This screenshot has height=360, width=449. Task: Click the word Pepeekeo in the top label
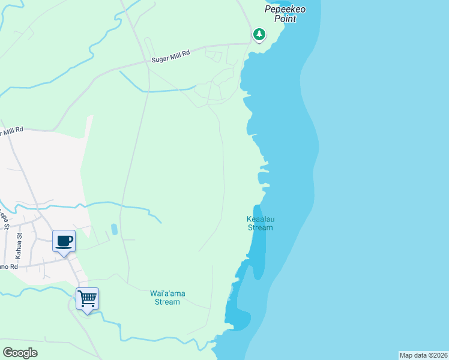(282, 9)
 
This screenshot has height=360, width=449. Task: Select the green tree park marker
(259, 34)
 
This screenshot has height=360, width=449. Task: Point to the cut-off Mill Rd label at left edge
(11, 131)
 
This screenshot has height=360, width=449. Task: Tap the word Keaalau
(260, 219)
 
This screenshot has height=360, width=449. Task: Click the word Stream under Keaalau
(260, 227)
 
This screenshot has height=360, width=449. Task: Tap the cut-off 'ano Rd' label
(8, 266)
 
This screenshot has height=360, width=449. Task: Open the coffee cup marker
(64, 241)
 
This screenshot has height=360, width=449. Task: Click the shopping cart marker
(87, 298)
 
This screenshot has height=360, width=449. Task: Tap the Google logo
(20, 353)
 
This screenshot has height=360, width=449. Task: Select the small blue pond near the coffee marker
(114, 229)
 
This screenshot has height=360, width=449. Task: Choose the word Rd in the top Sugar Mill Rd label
(186, 53)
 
